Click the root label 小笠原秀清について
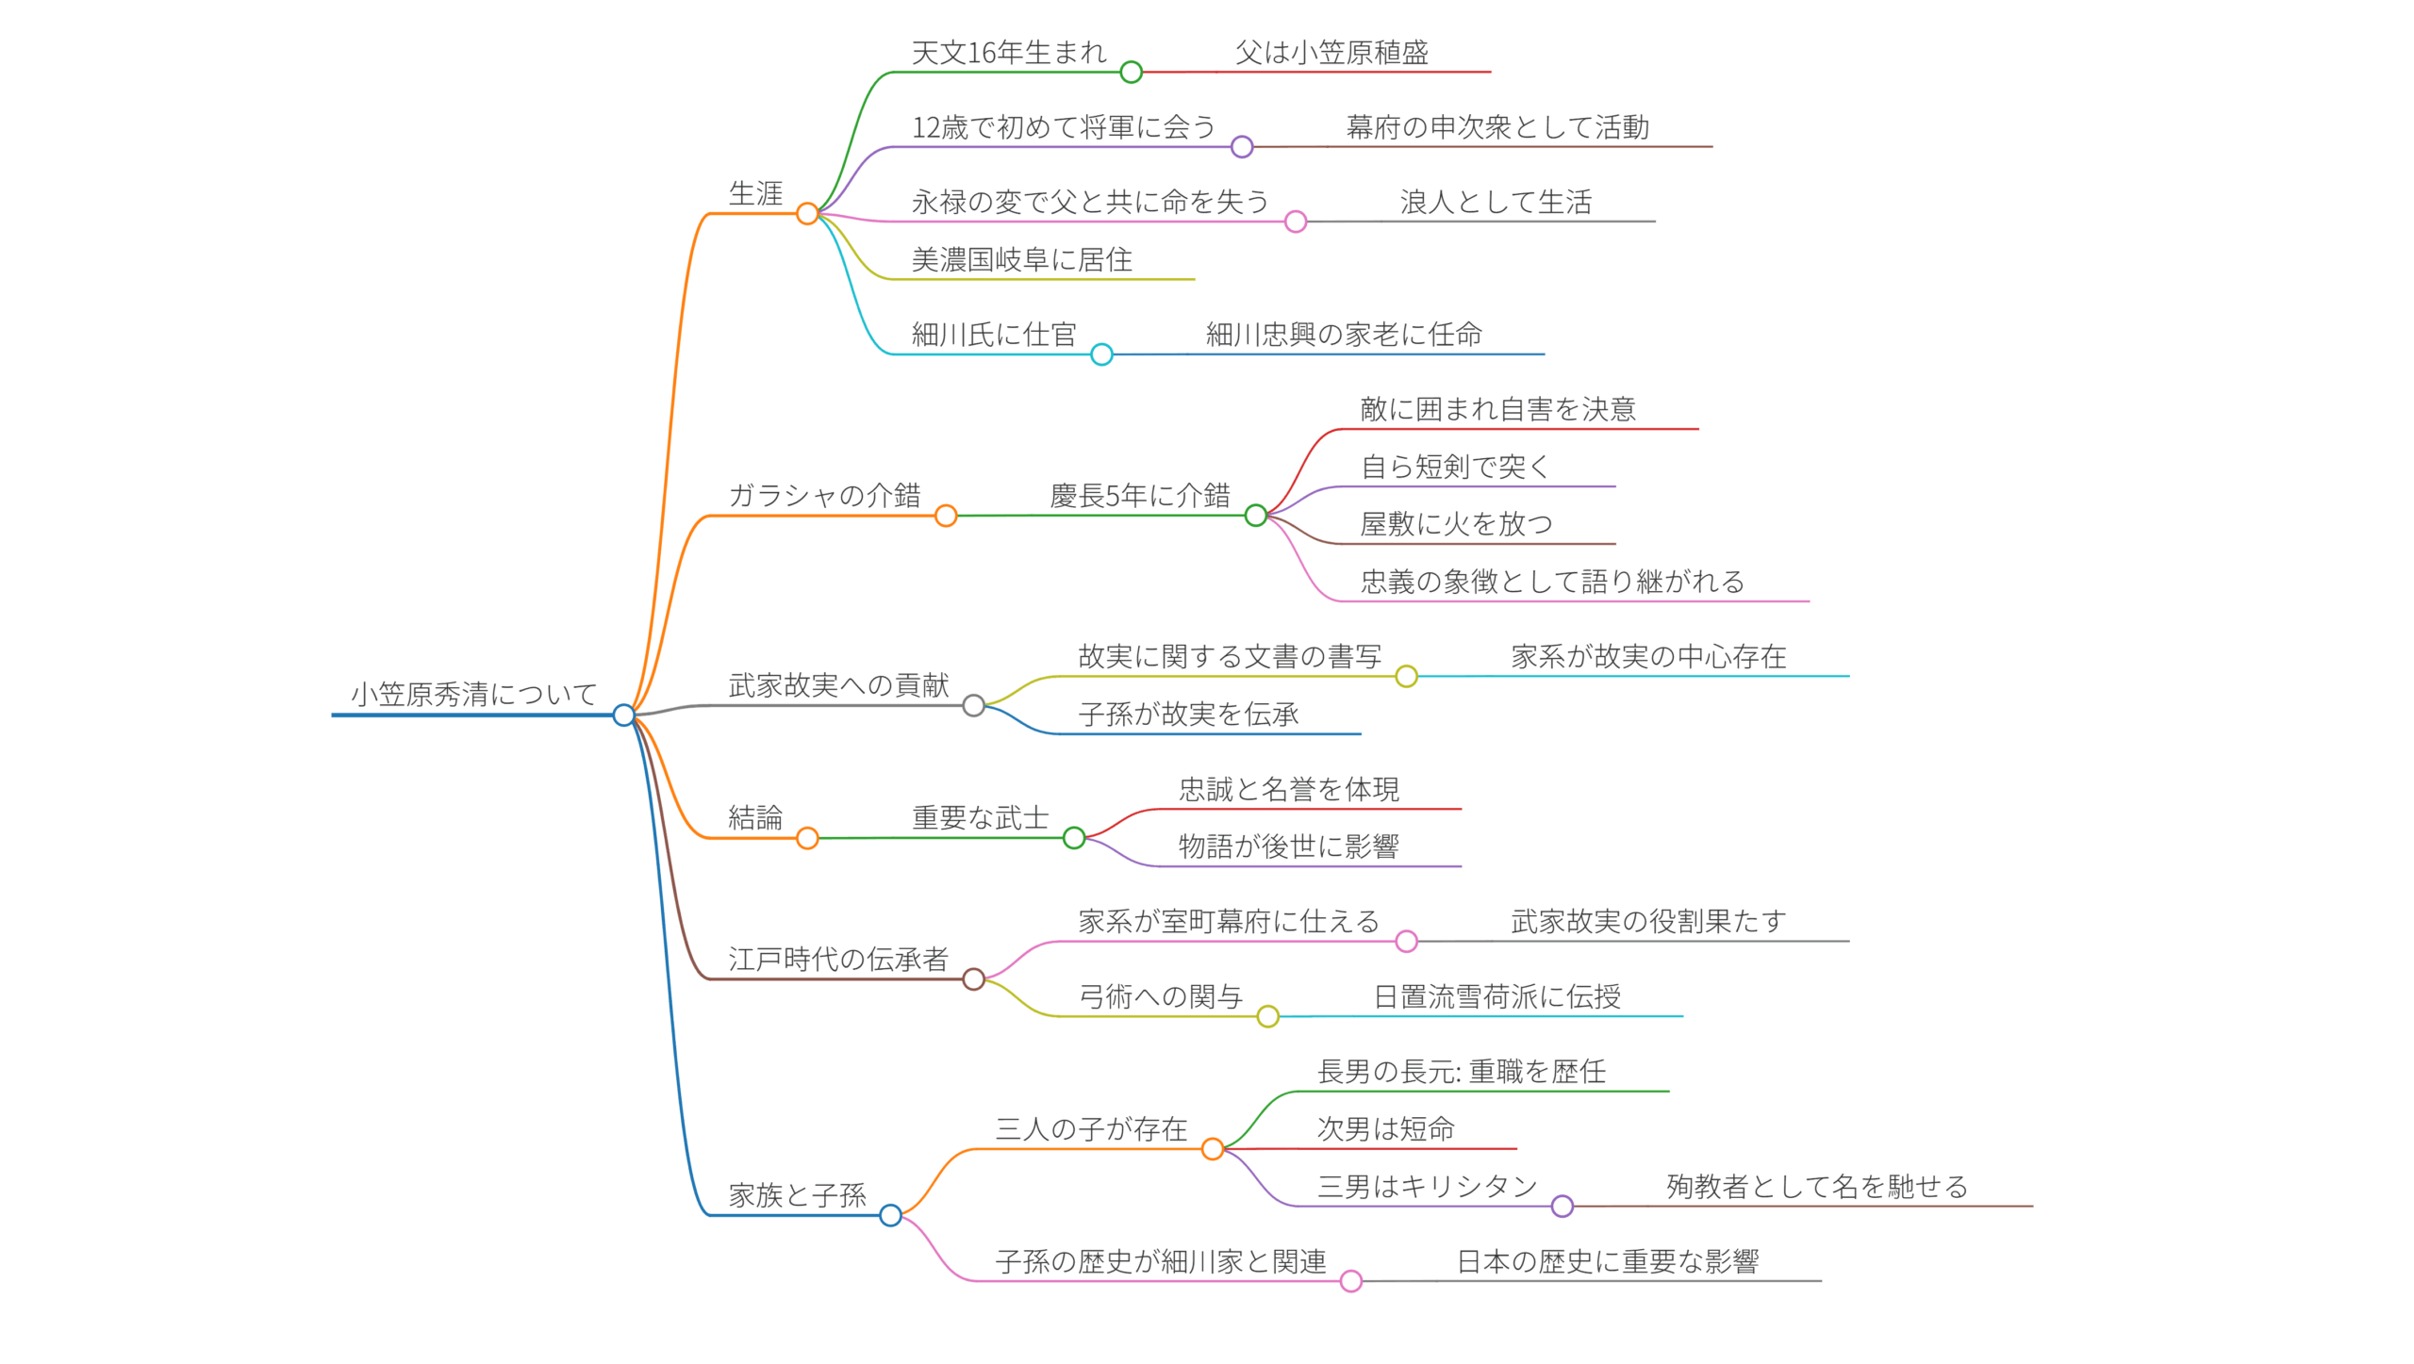click(x=473, y=695)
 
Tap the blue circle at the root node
click(x=623, y=715)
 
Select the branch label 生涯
click(x=755, y=194)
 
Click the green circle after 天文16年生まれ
click(x=1131, y=72)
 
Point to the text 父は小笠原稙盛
click(x=1331, y=53)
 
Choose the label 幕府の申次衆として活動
click(x=1497, y=127)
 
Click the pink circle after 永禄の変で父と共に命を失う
click(x=1296, y=222)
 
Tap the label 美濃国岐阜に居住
click(x=1021, y=260)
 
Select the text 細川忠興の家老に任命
click(x=1344, y=335)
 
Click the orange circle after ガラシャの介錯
click(x=946, y=516)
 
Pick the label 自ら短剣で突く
click(x=1455, y=467)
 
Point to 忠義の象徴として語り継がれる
click(x=1552, y=582)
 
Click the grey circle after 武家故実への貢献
click(x=973, y=705)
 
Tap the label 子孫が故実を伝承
click(x=1188, y=715)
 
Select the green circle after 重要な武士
click(x=1074, y=837)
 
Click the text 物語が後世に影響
click(x=1288, y=846)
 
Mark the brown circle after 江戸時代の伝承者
click(x=973, y=979)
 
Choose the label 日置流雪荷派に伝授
click(x=1496, y=997)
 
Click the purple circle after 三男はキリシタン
click(x=1562, y=1206)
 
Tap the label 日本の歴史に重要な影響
click(x=1608, y=1262)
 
